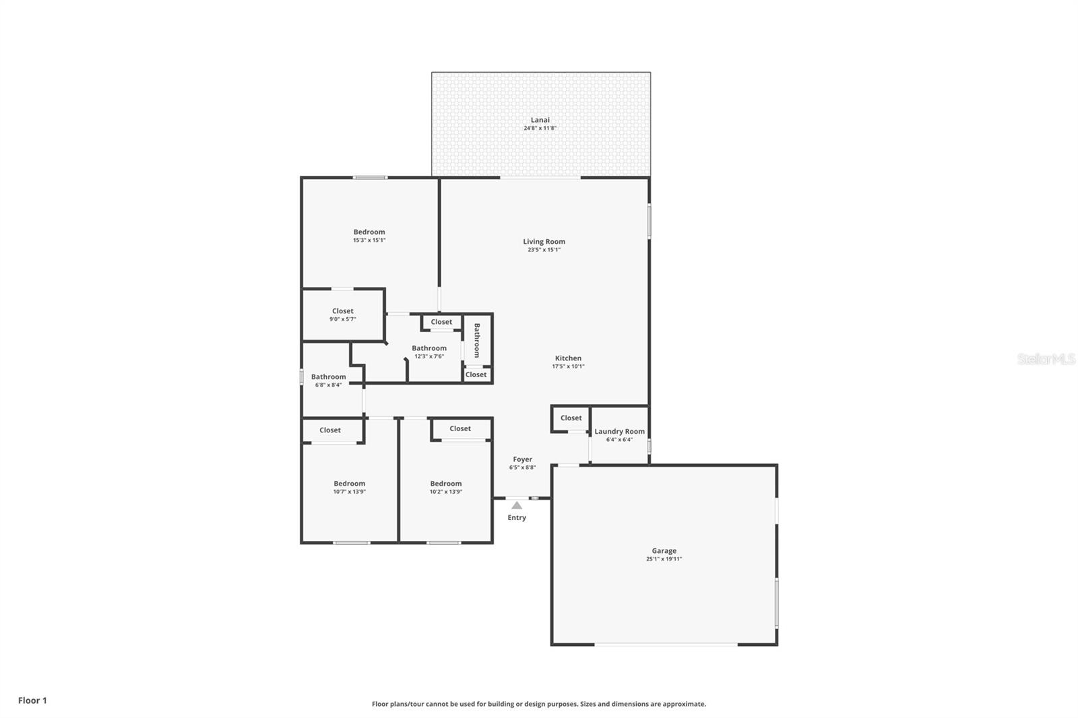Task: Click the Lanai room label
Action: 540,120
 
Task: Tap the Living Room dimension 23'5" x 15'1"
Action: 544,250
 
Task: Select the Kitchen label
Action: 568,358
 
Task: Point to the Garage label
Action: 664,550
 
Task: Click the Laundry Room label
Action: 619,431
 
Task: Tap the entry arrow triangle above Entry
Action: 516,505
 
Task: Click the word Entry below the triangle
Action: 517,518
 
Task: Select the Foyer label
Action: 522,459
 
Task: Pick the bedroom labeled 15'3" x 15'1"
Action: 369,232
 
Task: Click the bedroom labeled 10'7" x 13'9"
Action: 349,484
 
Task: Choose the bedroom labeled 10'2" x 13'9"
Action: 446,484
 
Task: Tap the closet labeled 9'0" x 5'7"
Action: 342,311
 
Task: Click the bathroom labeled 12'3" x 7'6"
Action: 429,348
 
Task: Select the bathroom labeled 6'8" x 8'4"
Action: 328,377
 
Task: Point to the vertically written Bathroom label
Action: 477,340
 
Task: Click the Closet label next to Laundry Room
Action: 571,418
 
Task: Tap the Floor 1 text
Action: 32,700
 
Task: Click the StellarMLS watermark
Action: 1046,359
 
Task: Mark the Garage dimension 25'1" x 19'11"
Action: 664,559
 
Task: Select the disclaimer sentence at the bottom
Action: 539,704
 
